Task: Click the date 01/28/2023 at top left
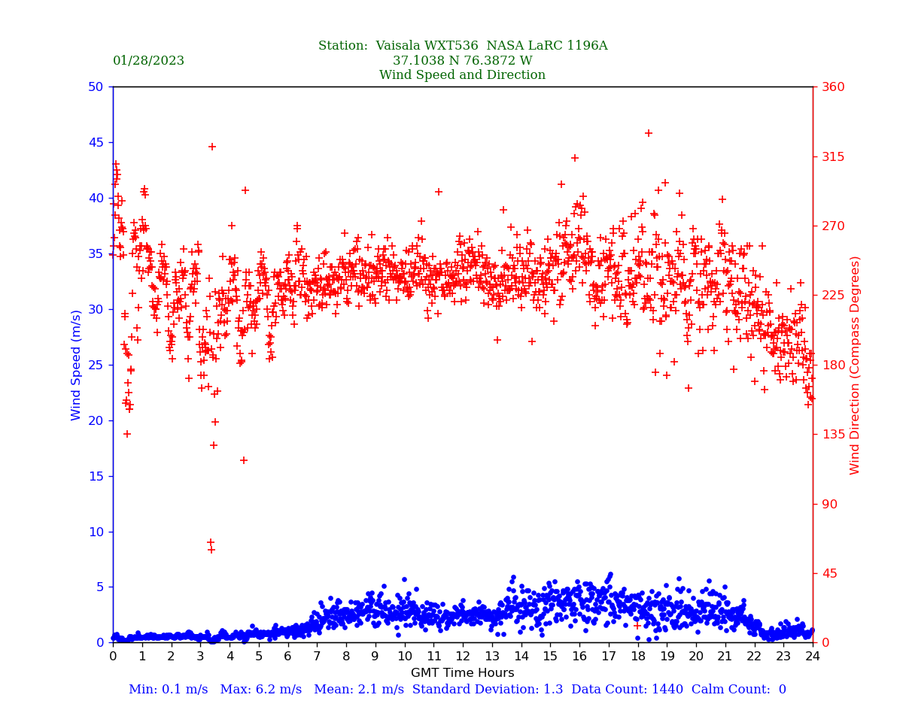(x=148, y=61)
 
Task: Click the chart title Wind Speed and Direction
(x=462, y=75)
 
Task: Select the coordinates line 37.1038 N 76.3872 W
(x=462, y=61)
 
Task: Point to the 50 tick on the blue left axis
(x=96, y=86)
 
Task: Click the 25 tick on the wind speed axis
(x=96, y=365)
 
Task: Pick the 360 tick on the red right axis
(x=834, y=86)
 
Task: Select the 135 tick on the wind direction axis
(x=834, y=434)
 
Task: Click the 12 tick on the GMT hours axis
(x=463, y=657)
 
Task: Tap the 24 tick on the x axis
(x=813, y=657)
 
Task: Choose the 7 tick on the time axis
(x=317, y=657)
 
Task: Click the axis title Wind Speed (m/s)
(x=77, y=365)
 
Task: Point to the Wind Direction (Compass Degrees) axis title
(x=856, y=365)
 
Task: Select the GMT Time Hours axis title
(x=462, y=673)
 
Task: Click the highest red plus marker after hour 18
(x=649, y=133)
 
